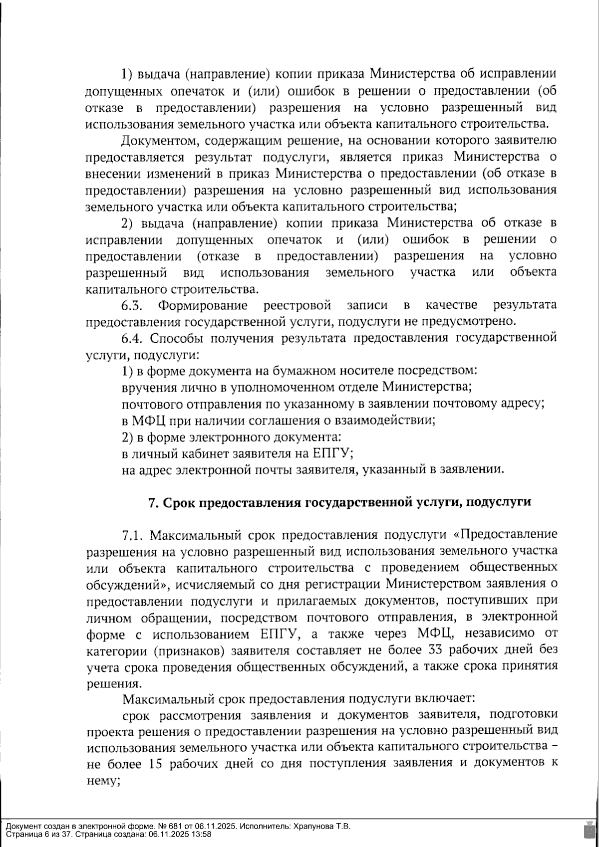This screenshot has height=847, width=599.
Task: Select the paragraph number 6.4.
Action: [x=132, y=338]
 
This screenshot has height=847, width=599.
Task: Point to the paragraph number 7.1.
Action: [x=132, y=535]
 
